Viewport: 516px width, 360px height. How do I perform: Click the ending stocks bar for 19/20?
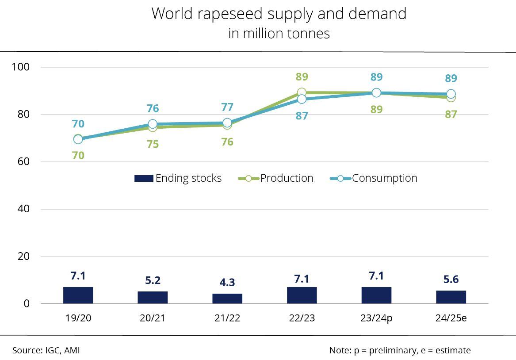[78, 295]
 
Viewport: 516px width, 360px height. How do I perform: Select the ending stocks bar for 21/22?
[227, 299]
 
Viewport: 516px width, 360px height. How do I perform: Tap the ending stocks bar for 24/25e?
[451, 297]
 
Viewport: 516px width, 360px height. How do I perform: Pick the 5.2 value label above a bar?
[153, 280]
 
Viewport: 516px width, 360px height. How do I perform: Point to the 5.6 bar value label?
[451, 280]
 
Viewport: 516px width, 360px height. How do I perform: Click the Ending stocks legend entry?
[178, 178]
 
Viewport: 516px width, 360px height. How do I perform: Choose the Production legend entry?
[276, 178]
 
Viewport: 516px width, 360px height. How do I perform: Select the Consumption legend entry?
[374, 178]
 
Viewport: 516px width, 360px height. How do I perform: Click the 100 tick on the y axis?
[21, 67]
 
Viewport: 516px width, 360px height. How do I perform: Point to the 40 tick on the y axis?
[23, 209]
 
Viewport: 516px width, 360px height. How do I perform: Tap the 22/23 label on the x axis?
[302, 318]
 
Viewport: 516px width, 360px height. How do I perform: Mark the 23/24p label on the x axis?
[377, 318]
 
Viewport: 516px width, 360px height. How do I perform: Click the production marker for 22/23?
[302, 93]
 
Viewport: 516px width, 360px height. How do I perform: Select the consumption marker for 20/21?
[153, 124]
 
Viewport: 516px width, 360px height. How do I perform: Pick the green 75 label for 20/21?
[153, 144]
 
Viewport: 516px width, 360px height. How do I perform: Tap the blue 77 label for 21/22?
[227, 107]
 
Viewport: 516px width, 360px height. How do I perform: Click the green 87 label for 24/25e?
[451, 115]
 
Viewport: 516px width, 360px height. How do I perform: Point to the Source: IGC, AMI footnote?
[46, 350]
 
